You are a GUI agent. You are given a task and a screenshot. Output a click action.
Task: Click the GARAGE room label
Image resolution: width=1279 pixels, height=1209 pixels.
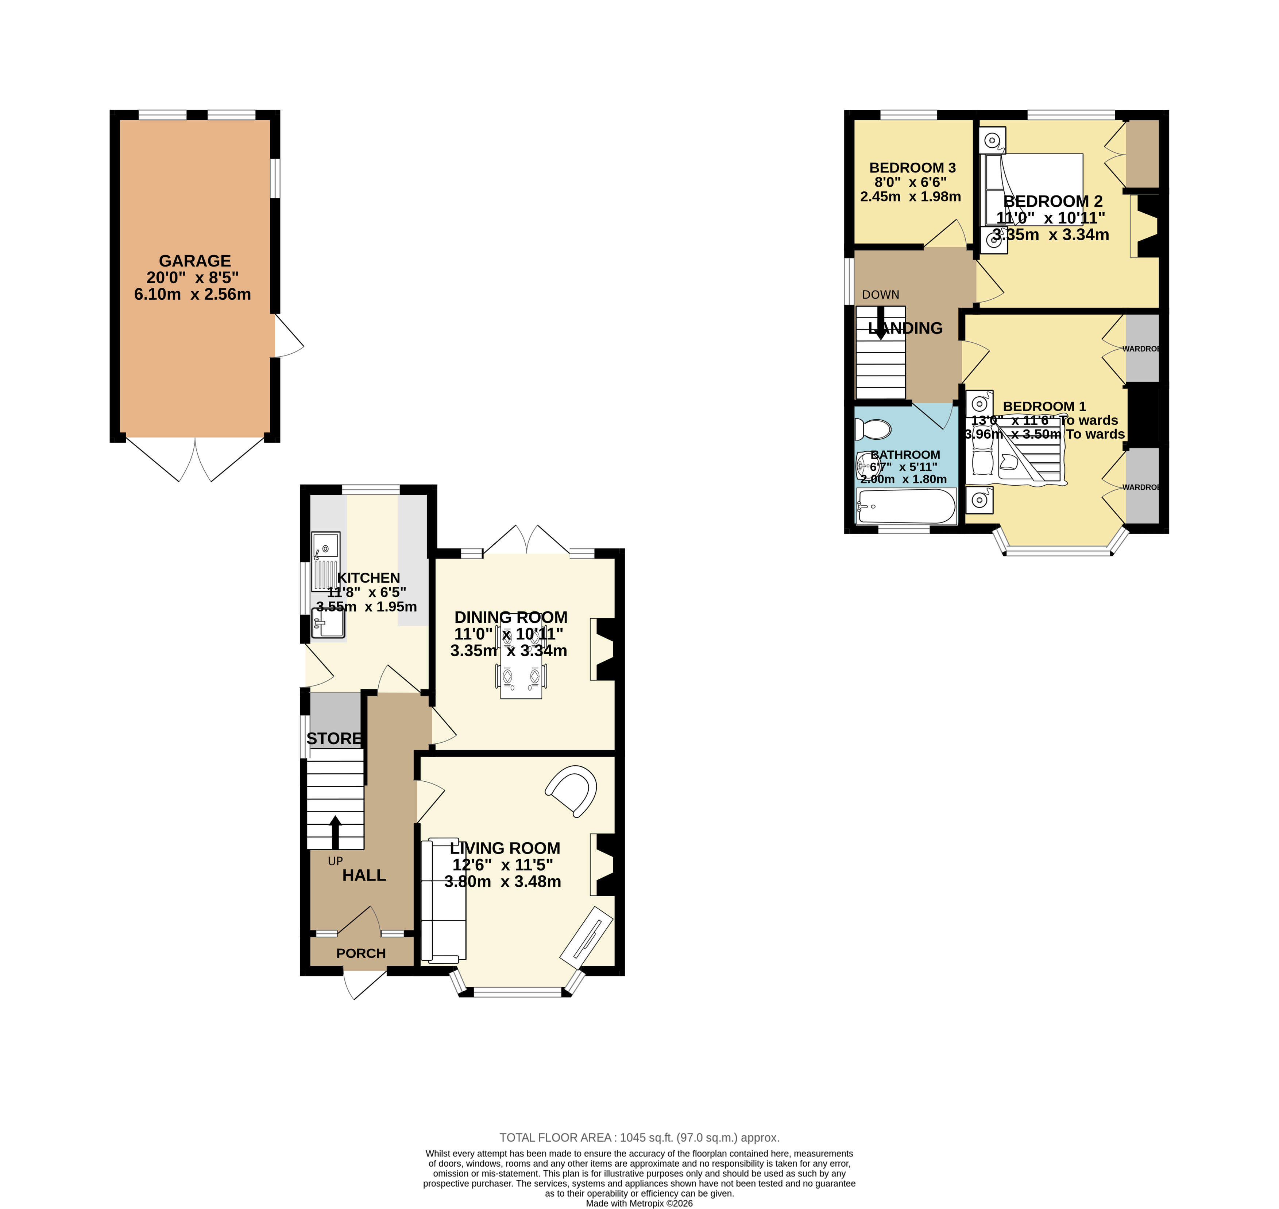[x=195, y=261]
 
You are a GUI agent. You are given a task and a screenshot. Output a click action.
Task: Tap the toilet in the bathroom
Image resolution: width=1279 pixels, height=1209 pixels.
[x=873, y=429]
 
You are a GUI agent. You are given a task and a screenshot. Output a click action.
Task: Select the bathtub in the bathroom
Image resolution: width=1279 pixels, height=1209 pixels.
[x=906, y=506]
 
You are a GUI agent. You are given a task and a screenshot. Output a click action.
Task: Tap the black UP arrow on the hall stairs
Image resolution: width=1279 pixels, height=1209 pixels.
[x=335, y=831]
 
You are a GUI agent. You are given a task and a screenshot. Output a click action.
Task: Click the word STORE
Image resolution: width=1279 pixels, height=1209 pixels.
[x=334, y=739]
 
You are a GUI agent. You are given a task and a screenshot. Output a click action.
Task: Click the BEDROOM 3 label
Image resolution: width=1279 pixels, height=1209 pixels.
[x=912, y=168]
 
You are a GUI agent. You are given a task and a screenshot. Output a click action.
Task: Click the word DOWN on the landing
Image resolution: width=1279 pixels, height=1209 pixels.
[x=881, y=295]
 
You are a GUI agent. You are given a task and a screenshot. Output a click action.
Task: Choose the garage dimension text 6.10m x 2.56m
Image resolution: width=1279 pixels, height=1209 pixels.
[x=192, y=295]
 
